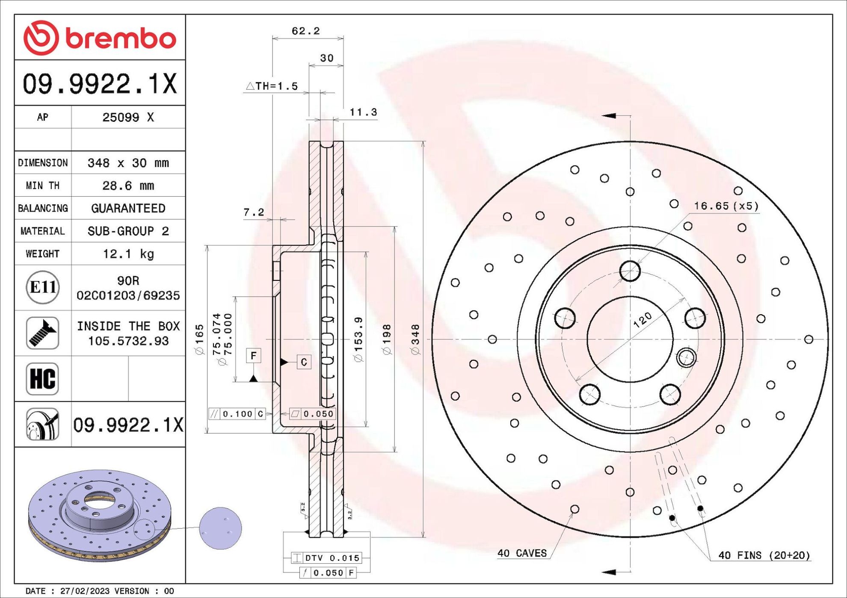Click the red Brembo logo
pyautogui.click(x=100, y=38)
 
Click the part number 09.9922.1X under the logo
pyautogui.click(x=100, y=84)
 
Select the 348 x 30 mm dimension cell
pyautogui.click(x=128, y=163)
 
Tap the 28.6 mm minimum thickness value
pyautogui.click(x=128, y=186)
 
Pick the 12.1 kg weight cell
pyautogui.click(x=128, y=254)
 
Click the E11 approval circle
pyautogui.click(x=43, y=287)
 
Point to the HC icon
pyautogui.click(x=42, y=379)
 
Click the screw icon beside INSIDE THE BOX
pyautogui.click(x=42, y=333)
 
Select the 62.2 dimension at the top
pyautogui.click(x=305, y=31)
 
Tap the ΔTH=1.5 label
pyautogui.click(x=272, y=86)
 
